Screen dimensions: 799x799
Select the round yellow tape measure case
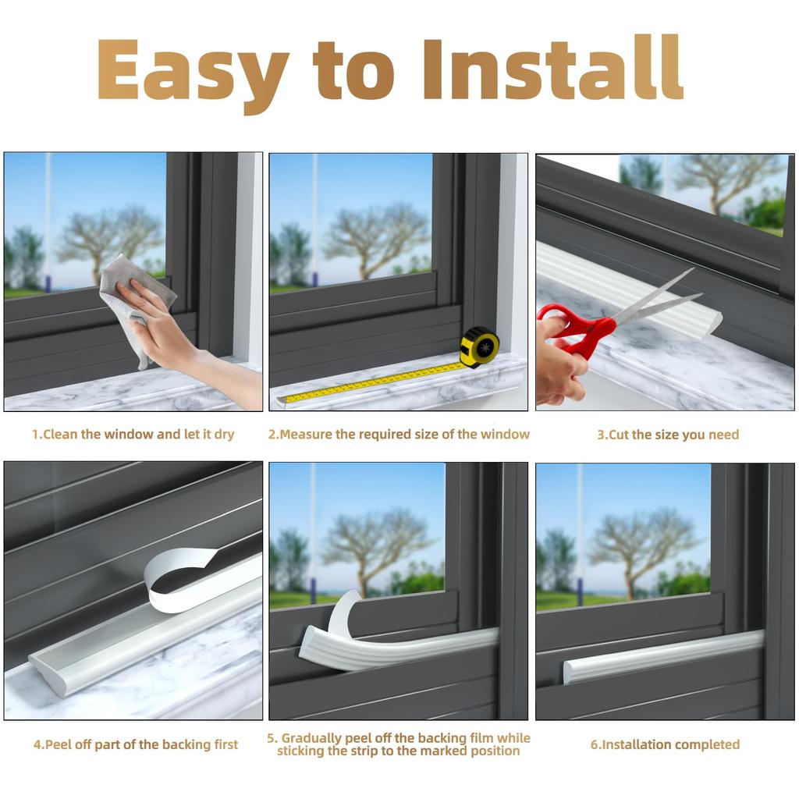(479, 347)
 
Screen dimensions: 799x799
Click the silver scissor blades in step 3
(655, 300)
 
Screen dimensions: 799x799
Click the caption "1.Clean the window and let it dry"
(133, 435)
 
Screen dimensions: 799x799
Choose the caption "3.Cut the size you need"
(667, 435)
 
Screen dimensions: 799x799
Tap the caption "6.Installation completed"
(665, 744)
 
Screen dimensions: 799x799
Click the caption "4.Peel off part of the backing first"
(135, 744)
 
